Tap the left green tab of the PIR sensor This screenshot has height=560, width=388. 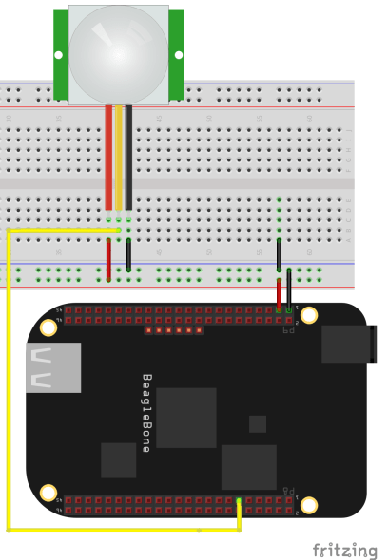click(60, 55)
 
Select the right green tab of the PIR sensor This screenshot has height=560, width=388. click(176, 55)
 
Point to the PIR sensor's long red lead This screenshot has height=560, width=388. click(108, 157)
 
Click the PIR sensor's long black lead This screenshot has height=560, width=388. click(128, 157)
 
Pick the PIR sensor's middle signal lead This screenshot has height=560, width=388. click(119, 157)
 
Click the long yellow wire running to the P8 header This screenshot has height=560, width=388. click(9, 380)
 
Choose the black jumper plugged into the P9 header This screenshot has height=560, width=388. click(289, 289)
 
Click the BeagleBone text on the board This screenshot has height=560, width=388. click(146, 412)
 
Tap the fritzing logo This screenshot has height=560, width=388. click(344, 550)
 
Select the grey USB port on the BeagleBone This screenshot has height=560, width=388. click(53, 367)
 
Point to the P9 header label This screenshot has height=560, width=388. click(289, 329)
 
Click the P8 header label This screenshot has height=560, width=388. click(289, 487)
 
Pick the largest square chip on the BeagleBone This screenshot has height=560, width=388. click(186, 418)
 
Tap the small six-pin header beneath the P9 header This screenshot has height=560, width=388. click(173, 330)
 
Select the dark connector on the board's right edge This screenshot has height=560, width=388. click(348, 344)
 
